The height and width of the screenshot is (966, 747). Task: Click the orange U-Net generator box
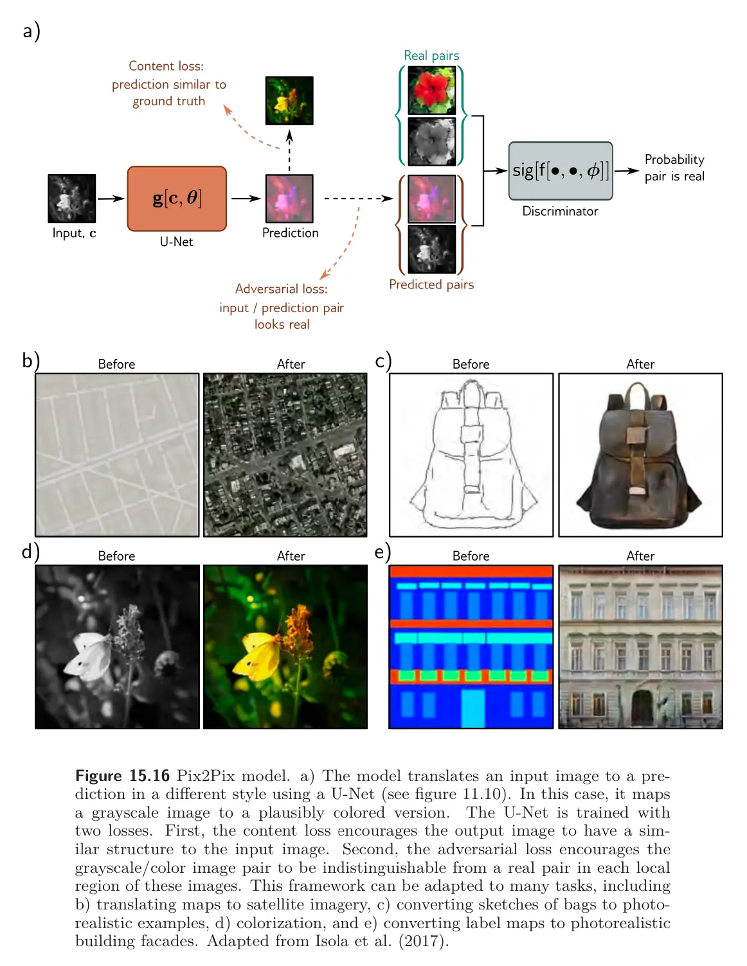[177, 198]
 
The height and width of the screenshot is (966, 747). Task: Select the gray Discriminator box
[560, 171]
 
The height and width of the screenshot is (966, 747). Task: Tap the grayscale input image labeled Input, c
[71, 198]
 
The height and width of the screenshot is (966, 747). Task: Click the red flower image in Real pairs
[431, 91]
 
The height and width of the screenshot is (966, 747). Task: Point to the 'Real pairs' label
[431, 56]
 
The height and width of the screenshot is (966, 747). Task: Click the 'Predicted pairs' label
[431, 285]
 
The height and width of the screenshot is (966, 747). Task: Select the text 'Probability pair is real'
[674, 168]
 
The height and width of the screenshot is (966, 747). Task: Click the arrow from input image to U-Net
[111, 198]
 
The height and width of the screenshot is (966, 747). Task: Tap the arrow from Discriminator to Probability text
[626, 171]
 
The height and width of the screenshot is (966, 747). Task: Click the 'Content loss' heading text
[166, 66]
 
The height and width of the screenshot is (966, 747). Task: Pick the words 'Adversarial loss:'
[281, 289]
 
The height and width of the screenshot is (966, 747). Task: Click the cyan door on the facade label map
[473, 708]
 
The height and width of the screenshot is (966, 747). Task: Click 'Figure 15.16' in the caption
[122, 776]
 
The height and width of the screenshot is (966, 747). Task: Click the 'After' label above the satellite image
[291, 364]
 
